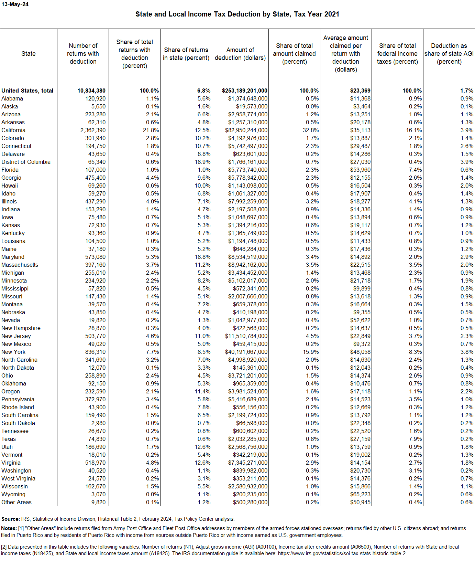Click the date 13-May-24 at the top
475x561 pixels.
pyautogui.click(x=15, y=4)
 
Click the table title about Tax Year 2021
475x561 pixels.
pyautogui.click(x=237, y=14)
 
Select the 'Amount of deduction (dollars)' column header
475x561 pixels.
pyautogui.click(x=240, y=54)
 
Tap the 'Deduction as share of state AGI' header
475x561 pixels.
pyautogui.click(x=449, y=54)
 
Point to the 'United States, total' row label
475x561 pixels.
pyautogui.click(x=27, y=91)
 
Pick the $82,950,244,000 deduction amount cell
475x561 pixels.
pyautogui.click(x=246, y=130)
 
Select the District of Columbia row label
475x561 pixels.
pyautogui.click(x=26, y=162)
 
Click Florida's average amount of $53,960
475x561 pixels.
pyautogui.click(x=360, y=170)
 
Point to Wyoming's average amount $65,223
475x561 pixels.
pyautogui.click(x=360, y=494)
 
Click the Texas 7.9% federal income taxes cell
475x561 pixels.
pyautogui.click(x=415, y=439)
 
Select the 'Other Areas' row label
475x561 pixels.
pyautogui.click(x=16, y=502)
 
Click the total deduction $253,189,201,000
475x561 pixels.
pyautogui.click(x=244, y=91)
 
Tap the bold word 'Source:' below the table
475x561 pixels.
pyautogui.click(x=11, y=519)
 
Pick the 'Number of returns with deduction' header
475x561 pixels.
pyautogui.click(x=83, y=54)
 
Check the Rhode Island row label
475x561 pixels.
pyautogui.click(x=18, y=407)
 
